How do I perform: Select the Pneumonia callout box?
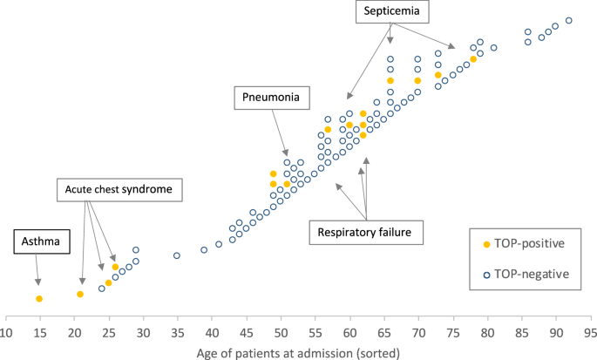point(272,98)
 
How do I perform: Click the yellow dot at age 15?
point(39,299)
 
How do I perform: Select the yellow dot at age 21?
point(80,294)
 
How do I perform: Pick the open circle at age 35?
point(177,255)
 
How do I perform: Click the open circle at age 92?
point(569,20)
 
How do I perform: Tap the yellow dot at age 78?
point(473,59)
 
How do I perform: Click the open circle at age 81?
point(493,48)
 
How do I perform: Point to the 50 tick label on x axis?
point(281,332)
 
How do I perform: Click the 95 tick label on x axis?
point(590,332)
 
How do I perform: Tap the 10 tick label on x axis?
point(6,332)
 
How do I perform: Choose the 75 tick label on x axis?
point(452,332)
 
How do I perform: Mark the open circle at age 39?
point(205,250)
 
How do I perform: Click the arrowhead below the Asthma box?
point(38,282)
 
